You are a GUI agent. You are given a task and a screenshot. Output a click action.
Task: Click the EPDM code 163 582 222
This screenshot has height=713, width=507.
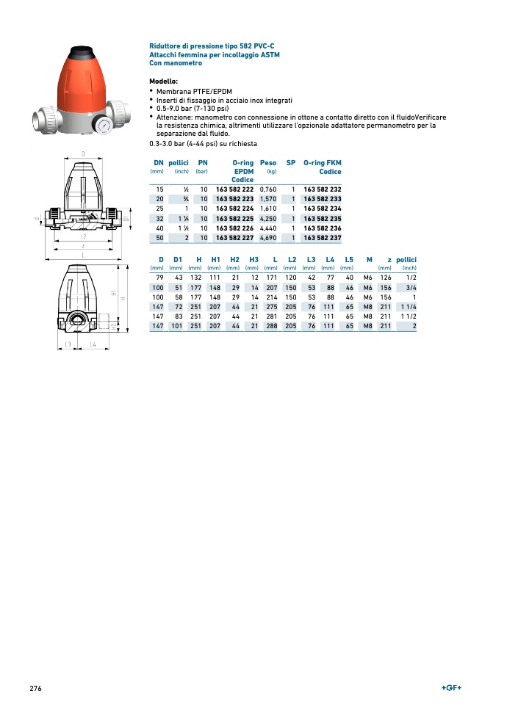coord(234,189)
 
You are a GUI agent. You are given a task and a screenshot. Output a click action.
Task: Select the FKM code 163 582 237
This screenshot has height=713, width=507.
coord(323,238)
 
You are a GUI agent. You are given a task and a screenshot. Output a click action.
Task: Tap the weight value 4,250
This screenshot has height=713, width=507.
coord(267,218)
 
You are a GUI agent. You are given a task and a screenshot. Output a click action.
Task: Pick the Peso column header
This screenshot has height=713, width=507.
coord(268,162)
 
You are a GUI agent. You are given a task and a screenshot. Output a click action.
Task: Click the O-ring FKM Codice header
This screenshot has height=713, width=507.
coord(323,167)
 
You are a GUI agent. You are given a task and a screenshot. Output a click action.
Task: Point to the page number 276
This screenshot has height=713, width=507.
coord(35,688)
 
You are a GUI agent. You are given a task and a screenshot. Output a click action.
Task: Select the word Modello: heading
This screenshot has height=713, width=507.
coord(164,81)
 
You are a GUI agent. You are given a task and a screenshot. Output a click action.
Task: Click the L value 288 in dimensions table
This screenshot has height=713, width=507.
coord(271,325)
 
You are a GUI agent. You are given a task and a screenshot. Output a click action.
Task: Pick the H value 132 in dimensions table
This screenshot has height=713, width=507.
coord(195,278)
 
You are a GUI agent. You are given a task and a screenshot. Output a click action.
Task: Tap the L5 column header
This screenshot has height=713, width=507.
coord(349,259)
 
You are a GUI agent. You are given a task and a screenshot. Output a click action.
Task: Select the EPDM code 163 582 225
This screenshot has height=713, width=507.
coord(234,218)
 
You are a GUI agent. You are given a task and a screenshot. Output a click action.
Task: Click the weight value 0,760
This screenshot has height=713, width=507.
coord(267,189)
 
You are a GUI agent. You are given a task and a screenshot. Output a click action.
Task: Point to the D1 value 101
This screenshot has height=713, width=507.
coord(176,325)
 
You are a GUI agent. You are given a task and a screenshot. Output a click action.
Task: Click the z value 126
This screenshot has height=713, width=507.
coord(385,278)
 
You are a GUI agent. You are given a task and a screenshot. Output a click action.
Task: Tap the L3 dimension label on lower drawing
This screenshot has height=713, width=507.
coord(68,344)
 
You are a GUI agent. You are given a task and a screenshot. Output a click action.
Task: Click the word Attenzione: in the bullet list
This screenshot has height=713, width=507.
coord(179,117)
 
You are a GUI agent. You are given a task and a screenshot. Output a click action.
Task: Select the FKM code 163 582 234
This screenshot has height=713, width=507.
coord(323,209)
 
